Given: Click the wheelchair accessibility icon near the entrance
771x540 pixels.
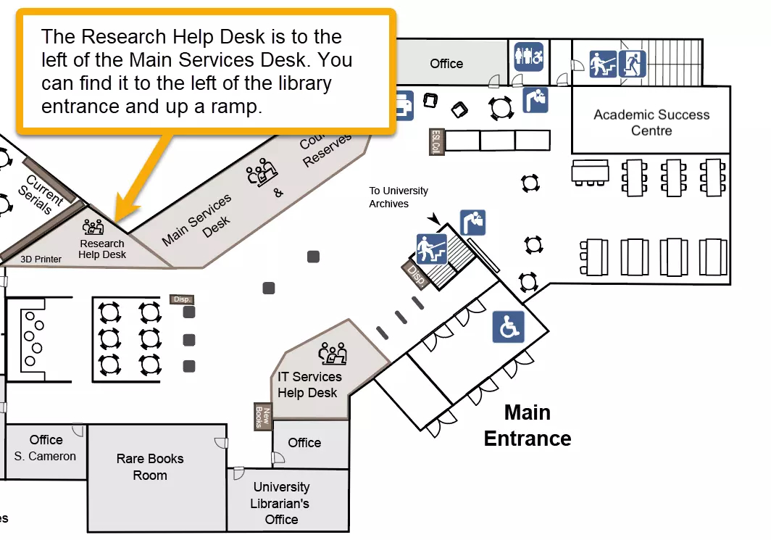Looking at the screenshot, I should (x=508, y=327).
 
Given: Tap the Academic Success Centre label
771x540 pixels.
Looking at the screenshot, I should (x=651, y=122).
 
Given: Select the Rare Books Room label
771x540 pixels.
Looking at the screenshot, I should (x=150, y=467).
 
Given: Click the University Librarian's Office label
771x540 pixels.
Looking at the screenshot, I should (x=281, y=503).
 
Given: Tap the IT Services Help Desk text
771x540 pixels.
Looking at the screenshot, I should (x=309, y=385).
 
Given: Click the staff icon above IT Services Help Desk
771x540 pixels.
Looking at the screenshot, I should (x=333, y=354).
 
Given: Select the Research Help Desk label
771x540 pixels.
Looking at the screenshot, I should (x=102, y=249).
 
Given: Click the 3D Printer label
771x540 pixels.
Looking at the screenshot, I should (x=41, y=259).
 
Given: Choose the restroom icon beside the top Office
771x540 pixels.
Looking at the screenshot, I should (x=528, y=57).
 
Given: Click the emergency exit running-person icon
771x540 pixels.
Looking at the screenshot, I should (x=632, y=64).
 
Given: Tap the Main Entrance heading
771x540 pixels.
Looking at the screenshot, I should (x=528, y=425).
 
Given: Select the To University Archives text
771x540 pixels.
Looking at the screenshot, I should (x=399, y=197).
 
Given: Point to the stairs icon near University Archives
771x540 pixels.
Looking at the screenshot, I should (x=431, y=249).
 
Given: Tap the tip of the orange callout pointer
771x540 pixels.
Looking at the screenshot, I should (x=116, y=220).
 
